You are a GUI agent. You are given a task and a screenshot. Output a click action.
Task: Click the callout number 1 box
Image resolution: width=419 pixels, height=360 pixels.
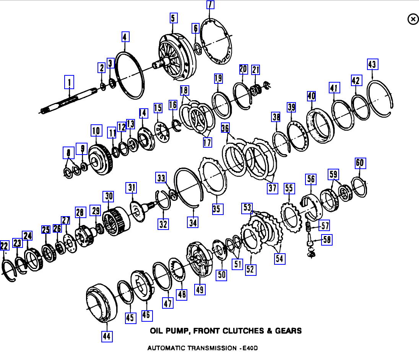(x=69, y=82)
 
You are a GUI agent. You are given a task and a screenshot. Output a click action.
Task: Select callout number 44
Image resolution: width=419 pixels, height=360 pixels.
(x=107, y=336)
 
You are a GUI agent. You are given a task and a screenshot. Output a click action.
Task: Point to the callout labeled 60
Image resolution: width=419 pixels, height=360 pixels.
(x=360, y=163)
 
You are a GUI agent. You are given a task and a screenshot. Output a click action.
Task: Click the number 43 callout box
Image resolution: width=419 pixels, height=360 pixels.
(x=372, y=64)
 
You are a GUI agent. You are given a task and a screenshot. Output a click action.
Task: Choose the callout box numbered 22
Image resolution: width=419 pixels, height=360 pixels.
(x=4, y=246)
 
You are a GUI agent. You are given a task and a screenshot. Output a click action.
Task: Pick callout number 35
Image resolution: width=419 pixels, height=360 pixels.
(x=217, y=209)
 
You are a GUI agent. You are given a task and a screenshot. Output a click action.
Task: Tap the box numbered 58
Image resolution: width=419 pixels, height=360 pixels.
(x=326, y=240)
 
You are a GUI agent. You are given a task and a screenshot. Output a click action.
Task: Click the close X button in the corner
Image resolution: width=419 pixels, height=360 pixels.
(x=413, y=19)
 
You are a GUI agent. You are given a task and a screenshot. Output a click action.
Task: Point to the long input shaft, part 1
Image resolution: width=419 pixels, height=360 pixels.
(x=69, y=101)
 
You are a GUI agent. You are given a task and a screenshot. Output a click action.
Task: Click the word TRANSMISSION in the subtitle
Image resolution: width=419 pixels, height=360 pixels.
(x=210, y=348)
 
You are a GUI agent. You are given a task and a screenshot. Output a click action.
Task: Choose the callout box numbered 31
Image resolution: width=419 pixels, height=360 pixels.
(x=132, y=188)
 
